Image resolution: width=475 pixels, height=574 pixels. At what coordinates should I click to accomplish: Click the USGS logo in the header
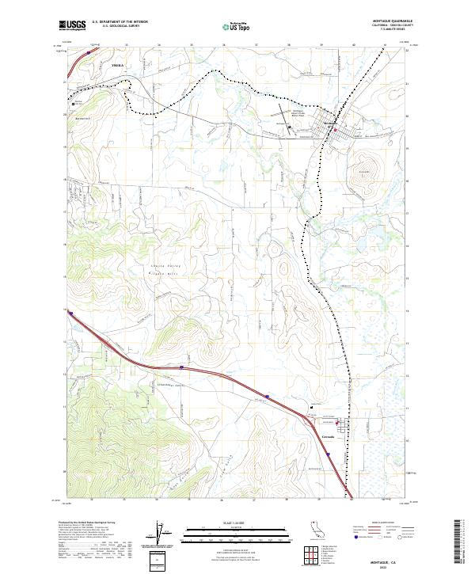pyautogui.click(x=72, y=26)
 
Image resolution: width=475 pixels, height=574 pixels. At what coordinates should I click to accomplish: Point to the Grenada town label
pyautogui.click(x=329, y=436)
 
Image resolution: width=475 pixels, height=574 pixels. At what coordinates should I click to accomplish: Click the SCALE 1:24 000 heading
pyautogui.click(x=237, y=524)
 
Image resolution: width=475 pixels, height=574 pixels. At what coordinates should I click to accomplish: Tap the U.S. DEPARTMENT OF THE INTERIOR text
pyautogui.click(x=120, y=22)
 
